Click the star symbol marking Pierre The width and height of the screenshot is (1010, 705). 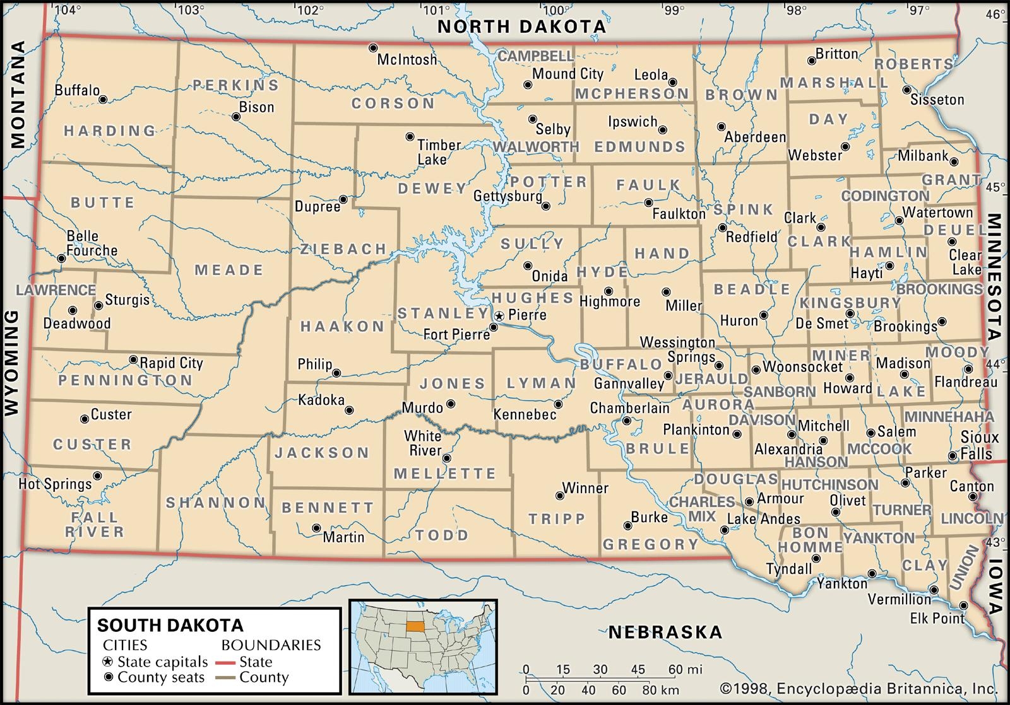pyautogui.click(x=499, y=315)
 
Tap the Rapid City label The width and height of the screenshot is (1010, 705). pyautogui.click(x=171, y=363)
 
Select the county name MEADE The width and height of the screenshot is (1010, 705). pyautogui.click(x=229, y=270)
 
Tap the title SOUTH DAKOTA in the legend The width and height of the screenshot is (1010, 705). pyautogui.click(x=170, y=625)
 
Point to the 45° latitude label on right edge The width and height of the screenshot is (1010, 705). pyautogui.click(x=995, y=187)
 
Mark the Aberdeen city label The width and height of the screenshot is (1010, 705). pyautogui.click(x=755, y=137)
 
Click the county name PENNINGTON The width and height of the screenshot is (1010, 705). pyautogui.click(x=125, y=380)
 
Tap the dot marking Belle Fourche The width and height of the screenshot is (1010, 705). pyautogui.click(x=61, y=259)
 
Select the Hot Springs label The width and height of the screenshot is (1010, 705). pyautogui.click(x=55, y=484)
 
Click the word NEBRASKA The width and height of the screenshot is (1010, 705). pyautogui.click(x=665, y=632)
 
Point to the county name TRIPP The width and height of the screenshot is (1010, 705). pyautogui.click(x=557, y=518)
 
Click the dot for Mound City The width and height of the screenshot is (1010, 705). pyautogui.click(x=528, y=84)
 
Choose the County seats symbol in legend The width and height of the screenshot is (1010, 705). pyautogui.click(x=108, y=678)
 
